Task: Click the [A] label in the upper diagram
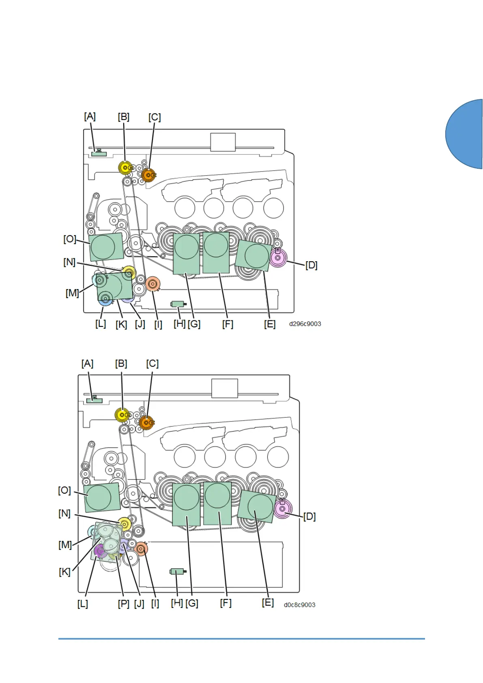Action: pyautogui.click(x=90, y=117)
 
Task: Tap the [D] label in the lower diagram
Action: pyautogui.click(x=309, y=516)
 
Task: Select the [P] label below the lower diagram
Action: pyautogui.click(x=123, y=604)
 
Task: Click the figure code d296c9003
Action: pyautogui.click(x=305, y=324)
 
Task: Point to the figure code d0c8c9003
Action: pyautogui.click(x=299, y=605)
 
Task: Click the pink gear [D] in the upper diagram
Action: pyautogui.click(x=278, y=258)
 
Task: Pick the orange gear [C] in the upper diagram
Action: pyautogui.click(x=148, y=175)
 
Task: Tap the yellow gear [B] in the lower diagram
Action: pyautogui.click(x=122, y=415)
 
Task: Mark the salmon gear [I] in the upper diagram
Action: pyautogui.click(x=153, y=284)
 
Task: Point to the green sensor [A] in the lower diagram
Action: pyautogui.click(x=94, y=400)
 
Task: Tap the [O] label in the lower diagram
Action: pyautogui.click(x=64, y=490)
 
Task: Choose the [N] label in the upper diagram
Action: pyautogui.click(x=69, y=262)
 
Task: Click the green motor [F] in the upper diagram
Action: pyautogui.click(x=216, y=252)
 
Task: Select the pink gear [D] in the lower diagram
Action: pyautogui.click(x=283, y=508)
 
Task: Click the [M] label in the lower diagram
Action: pyautogui.click(x=65, y=545)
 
